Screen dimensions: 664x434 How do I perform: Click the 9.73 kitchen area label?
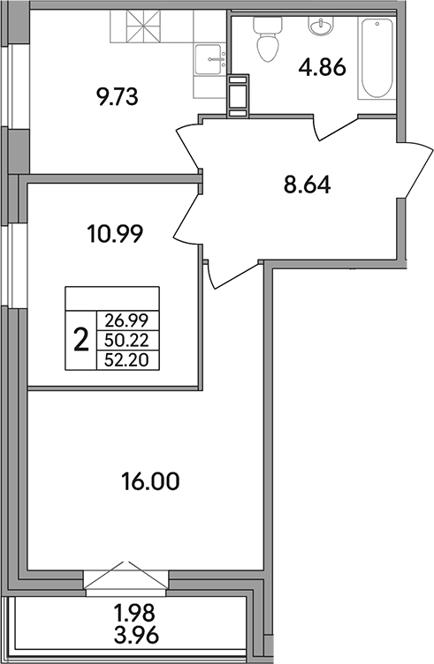pyautogui.click(x=119, y=94)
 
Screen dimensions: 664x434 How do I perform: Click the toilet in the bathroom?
pyautogui.click(x=265, y=40)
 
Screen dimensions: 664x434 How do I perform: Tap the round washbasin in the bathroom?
pyautogui.click(x=319, y=27)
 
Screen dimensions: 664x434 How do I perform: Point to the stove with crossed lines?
pyautogui.click(x=136, y=28)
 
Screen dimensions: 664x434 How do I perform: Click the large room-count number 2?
pyautogui.click(x=81, y=338)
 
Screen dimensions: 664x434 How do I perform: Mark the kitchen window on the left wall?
pyautogui.click(x=6, y=84)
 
